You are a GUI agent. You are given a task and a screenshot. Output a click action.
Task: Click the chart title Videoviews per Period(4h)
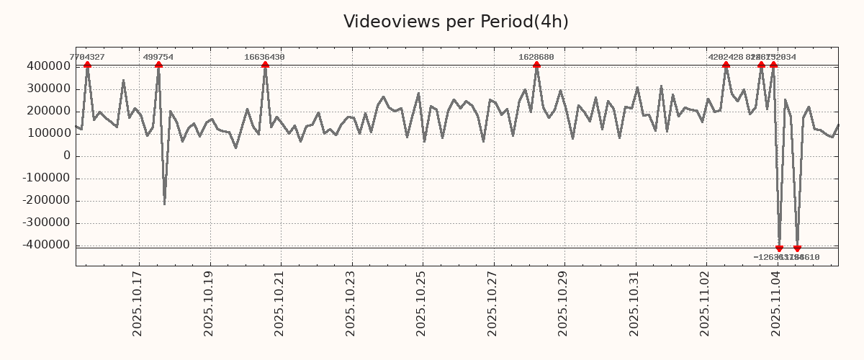[456, 22]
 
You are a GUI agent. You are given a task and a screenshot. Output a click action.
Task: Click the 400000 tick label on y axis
[48, 66]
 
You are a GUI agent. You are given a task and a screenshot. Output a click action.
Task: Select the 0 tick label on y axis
[67, 156]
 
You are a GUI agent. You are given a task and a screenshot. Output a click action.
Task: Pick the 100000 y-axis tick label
[48, 133]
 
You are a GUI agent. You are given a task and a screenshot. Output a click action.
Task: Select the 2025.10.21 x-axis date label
[279, 303]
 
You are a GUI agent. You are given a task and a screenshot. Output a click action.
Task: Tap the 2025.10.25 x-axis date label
[421, 303]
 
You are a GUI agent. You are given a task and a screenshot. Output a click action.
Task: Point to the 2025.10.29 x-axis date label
[563, 303]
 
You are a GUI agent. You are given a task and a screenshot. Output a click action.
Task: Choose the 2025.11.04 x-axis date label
[775, 303]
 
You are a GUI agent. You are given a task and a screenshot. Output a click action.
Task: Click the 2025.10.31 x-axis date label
[634, 303]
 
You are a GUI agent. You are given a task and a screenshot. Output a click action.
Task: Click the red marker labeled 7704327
[87, 66]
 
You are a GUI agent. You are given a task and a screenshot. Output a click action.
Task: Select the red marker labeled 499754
[158, 66]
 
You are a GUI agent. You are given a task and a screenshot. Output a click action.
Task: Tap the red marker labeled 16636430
[265, 66]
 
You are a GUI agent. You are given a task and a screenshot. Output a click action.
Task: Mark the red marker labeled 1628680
[536, 66]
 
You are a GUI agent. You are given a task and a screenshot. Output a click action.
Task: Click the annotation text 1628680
[536, 57]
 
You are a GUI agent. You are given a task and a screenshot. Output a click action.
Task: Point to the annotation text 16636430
[264, 57]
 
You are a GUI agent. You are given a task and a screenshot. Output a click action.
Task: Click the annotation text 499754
[158, 57]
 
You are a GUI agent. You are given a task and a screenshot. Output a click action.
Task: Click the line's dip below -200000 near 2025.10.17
[164, 203]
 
